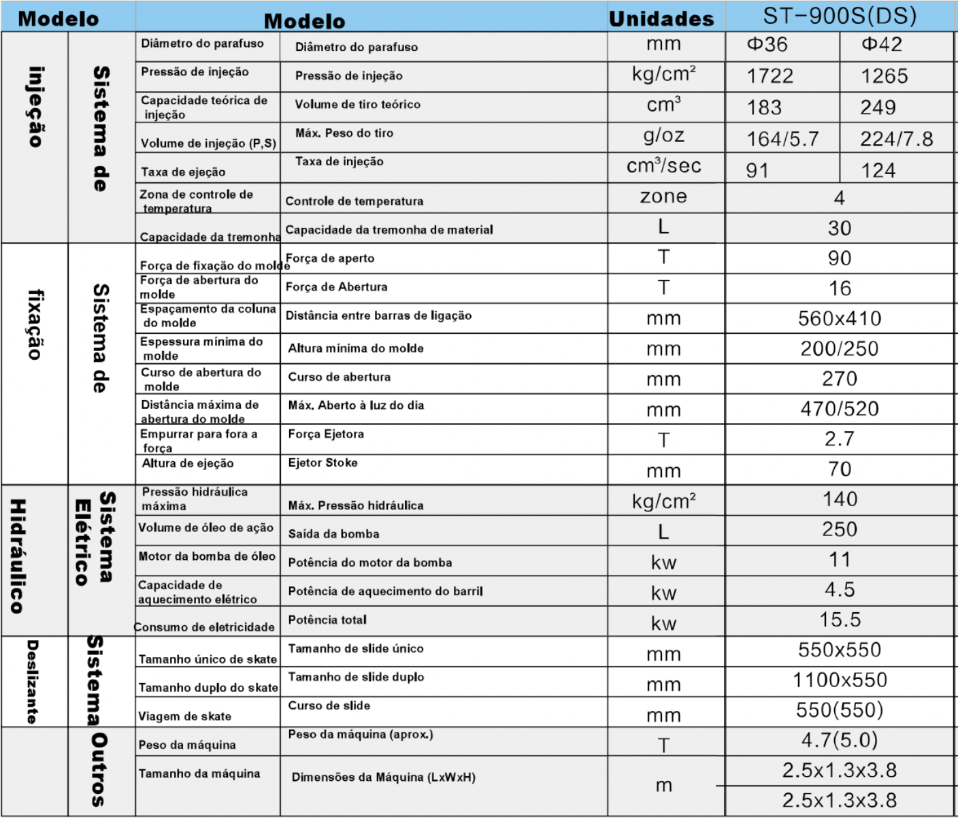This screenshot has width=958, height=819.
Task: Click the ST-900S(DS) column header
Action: (x=840, y=16)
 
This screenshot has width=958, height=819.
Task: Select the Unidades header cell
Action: (x=661, y=19)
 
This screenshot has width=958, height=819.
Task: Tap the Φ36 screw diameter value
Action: (x=767, y=45)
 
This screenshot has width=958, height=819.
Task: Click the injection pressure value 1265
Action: (x=885, y=76)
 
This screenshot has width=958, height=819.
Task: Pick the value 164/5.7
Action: (x=782, y=139)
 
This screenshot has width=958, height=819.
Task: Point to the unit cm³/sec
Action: (x=663, y=166)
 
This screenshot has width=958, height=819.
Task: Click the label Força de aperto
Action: (x=330, y=258)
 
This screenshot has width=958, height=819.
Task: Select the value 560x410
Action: (x=840, y=318)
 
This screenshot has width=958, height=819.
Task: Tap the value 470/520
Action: (x=840, y=409)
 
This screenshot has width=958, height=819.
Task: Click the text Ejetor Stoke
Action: (x=323, y=463)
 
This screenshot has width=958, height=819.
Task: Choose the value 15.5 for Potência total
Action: (x=840, y=620)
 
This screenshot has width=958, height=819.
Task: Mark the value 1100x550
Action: (x=840, y=680)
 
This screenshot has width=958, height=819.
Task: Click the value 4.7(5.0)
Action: (x=840, y=740)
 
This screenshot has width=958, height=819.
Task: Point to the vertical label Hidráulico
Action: (x=18, y=556)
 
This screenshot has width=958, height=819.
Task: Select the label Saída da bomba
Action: (x=333, y=534)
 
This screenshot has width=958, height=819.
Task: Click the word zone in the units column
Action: (x=663, y=197)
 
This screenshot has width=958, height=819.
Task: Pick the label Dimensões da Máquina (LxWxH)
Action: (x=384, y=777)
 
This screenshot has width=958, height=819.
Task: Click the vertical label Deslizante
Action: (x=32, y=681)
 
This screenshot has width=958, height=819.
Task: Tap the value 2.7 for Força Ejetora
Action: (x=840, y=439)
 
